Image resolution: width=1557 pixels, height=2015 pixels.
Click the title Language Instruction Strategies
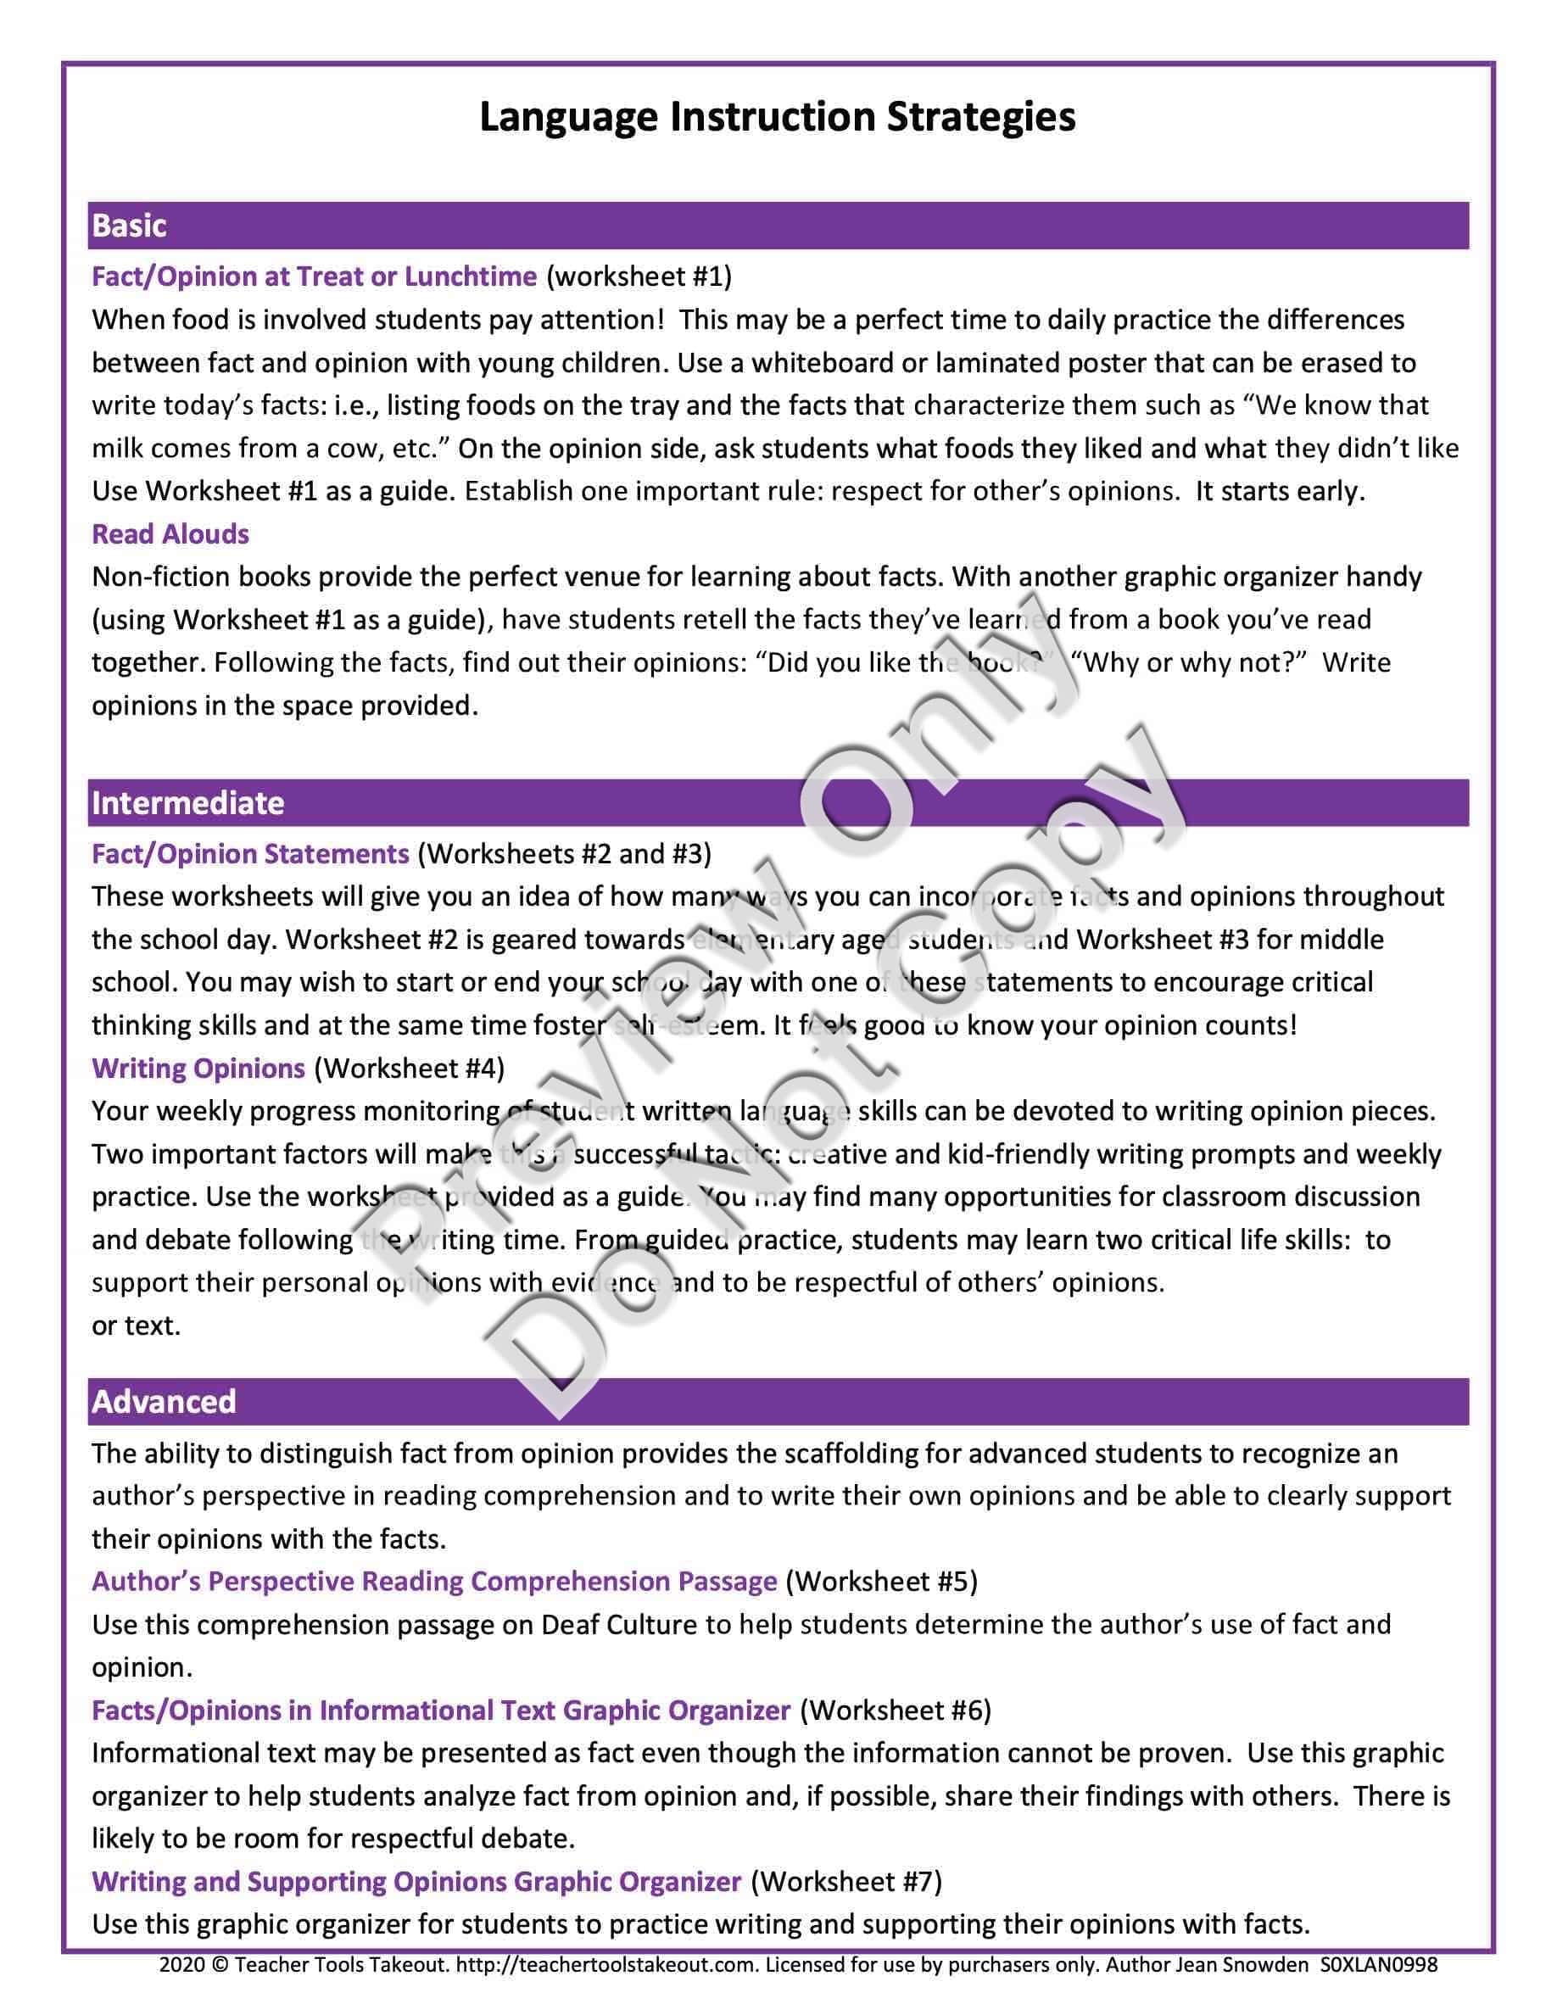pyautogui.click(x=777, y=118)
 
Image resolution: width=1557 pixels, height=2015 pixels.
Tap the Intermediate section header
pyautogui.click(x=187, y=802)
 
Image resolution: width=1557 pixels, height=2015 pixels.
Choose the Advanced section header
pyautogui.click(x=164, y=1400)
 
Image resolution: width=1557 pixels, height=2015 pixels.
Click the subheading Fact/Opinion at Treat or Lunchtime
pyautogui.click(x=314, y=276)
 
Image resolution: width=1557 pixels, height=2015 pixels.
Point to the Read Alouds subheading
pyautogui.click(x=170, y=534)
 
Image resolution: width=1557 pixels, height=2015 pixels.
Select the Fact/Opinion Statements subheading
pyautogui.click(x=250, y=853)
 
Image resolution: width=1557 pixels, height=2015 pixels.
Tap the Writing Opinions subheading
pyautogui.click(x=198, y=1069)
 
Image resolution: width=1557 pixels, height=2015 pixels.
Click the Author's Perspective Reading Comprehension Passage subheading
pyautogui.click(x=434, y=1582)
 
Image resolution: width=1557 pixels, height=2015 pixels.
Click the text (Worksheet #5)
pyautogui.click(x=881, y=1582)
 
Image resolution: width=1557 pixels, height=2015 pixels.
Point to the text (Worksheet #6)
pyautogui.click(x=895, y=1711)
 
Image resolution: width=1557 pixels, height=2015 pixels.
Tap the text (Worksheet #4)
pyautogui.click(x=410, y=1069)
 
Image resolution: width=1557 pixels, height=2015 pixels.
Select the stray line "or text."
pyautogui.click(x=136, y=1326)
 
